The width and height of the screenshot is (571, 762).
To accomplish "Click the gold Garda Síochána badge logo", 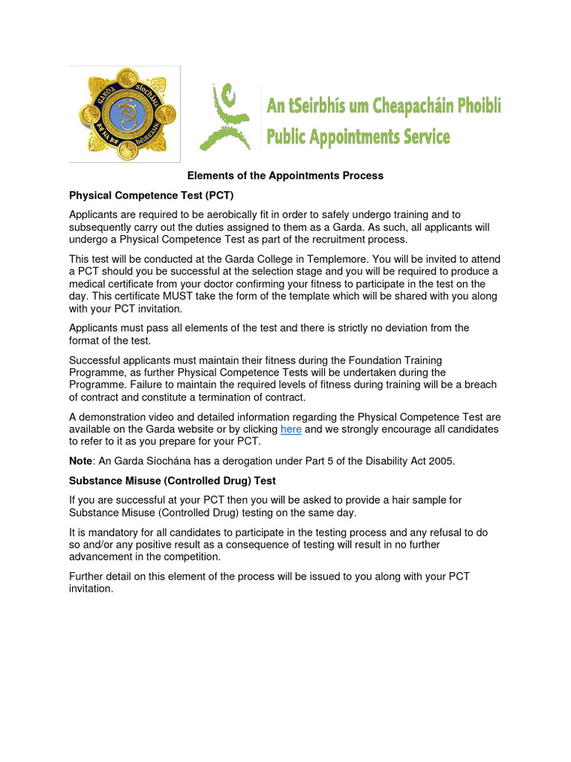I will pyautogui.click(x=125, y=114).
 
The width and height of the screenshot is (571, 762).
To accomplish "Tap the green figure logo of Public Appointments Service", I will pyautogui.click(x=225, y=117).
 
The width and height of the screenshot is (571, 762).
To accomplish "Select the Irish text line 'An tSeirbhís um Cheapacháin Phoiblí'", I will pyautogui.click(x=384, y=107).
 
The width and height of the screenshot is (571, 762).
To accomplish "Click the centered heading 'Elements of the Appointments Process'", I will pyautogui.click(x=285, y=176).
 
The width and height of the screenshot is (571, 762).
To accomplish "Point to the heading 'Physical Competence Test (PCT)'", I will pyautogui.click(x=152, y=196).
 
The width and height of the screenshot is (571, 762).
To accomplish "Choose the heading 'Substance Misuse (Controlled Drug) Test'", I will pyautogui.click(x=172, y=481).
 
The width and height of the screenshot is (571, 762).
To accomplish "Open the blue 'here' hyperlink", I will pyautogui.click(x=291, y=429).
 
